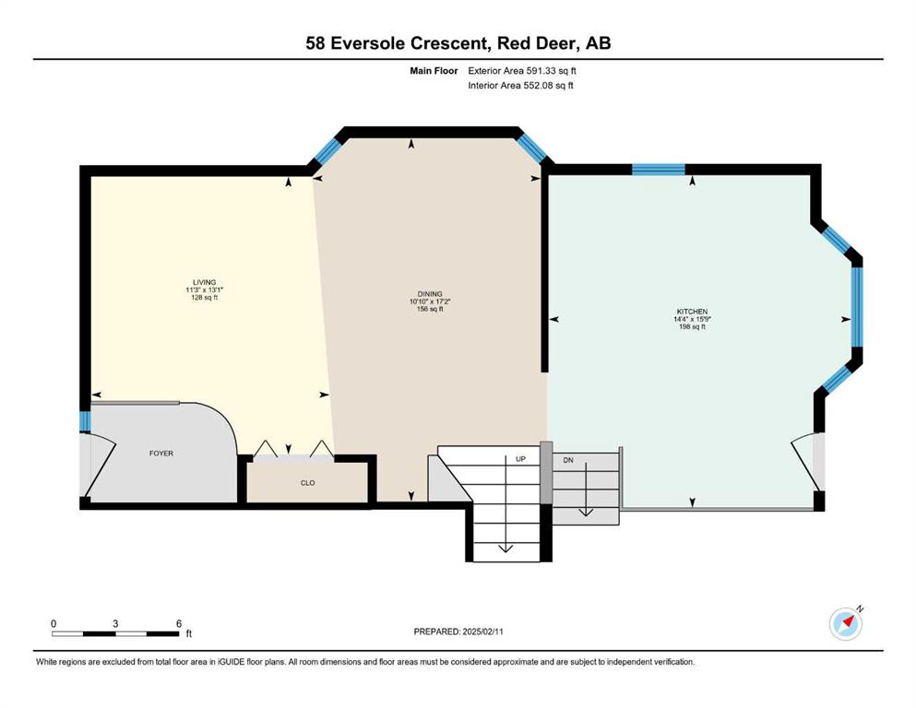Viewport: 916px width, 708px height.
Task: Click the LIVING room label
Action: click(205, 282)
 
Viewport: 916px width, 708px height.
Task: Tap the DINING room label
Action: click(430, 294)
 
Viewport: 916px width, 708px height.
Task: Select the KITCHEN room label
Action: click(692, 312)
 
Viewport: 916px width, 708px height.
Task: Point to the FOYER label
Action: click(161, 453)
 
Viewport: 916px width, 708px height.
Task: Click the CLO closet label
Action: click(308, 483)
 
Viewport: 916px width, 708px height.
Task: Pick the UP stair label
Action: click(520, 459)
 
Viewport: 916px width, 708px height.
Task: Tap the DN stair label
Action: click(568, 460)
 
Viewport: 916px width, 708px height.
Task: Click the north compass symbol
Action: click(846, 623)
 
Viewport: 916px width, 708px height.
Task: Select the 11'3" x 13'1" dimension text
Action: click(205, 290)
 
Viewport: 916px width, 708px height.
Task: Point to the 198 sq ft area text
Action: click(692, 327)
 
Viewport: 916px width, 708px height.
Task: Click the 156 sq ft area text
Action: click(430, 310)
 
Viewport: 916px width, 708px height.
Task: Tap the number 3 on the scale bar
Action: click(115, 623)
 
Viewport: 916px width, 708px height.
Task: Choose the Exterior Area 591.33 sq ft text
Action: click(522, 71)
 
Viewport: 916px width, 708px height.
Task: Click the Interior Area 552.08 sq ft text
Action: click(520, 85)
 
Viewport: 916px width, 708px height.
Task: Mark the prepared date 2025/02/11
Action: click(483, 631)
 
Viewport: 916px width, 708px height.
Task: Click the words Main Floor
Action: click(434, 71)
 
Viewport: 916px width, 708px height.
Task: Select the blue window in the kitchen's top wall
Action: click(659, 170)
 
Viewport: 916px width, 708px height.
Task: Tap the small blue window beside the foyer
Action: click(85, 421)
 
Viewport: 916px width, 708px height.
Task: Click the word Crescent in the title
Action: click(448, 43)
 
